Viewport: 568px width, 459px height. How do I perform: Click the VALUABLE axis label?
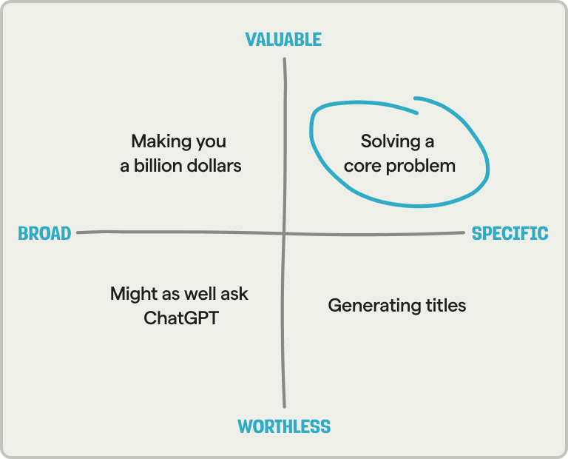(283, 39)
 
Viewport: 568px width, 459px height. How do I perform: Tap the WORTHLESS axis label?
(284, 426)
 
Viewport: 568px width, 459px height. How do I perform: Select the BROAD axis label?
(44, 234)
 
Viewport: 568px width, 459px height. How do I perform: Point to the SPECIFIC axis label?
(510, 234)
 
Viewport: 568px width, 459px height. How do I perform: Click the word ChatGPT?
(181, 319)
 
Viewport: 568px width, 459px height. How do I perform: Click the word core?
(361, 165)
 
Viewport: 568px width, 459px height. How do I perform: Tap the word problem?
(422, 165)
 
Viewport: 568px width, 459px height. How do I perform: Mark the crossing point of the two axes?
(284, 233)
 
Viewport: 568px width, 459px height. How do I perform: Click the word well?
(199, 294)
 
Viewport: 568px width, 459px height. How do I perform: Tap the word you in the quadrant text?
(209, 141)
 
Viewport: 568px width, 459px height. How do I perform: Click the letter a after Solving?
(429, 141)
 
